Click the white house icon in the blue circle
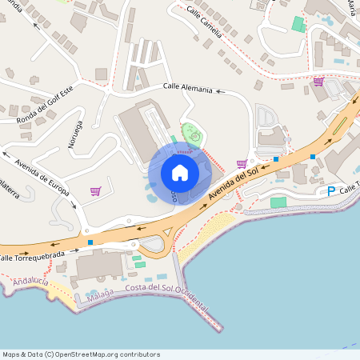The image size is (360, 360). pyautogui.click(x=179, y=173)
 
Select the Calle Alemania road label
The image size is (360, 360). pyautogui.click(x=188, y=89)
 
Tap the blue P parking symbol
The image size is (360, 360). pyautogui.click(x=331, y=191)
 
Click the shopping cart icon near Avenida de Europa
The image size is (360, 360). pyautogui.click(x=96, y=191)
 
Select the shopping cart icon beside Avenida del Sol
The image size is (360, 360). pyautogui.click(x=242, y=164)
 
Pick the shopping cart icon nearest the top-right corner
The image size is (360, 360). pyautogui.click(x=318, y=81)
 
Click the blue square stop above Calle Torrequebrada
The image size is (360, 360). pyautogui.click(x=90, y=242)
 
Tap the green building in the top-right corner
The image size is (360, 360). pyautogui.click(x=298, y=23)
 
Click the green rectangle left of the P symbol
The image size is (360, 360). pyautogui.click(x=278, y=202)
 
